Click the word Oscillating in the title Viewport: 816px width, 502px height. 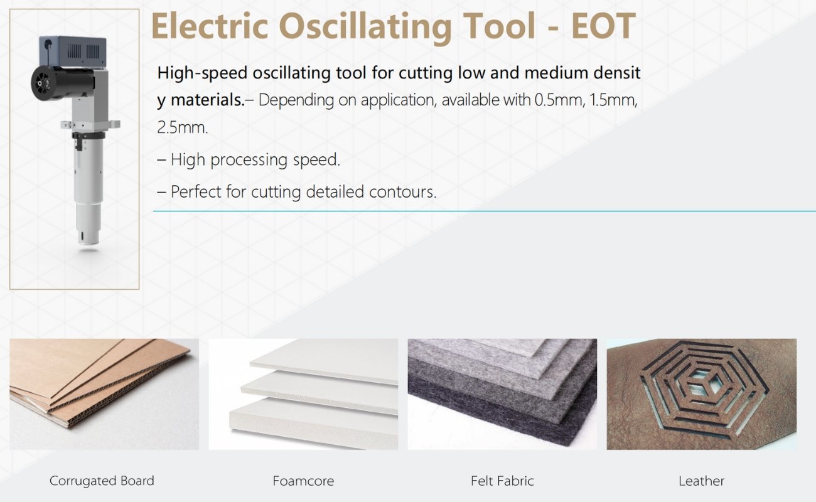(x=365, y=26)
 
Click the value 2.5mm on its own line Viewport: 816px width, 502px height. (x=182, y=128)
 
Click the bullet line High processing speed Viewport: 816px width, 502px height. (x=249, y=160)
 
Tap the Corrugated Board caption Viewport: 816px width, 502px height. (x=102, y=481)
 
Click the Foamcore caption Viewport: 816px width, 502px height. (x=303, y=481)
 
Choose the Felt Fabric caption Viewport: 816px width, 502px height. (x=502, y=481)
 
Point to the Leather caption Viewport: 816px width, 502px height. (x=701, y=481)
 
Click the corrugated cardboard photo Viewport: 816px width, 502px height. (x=104, y=393)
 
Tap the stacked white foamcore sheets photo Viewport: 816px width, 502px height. (x=303, y=393)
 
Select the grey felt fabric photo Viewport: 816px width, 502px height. (x=502, y=393)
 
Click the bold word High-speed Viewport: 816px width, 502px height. (x=202, y=73)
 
